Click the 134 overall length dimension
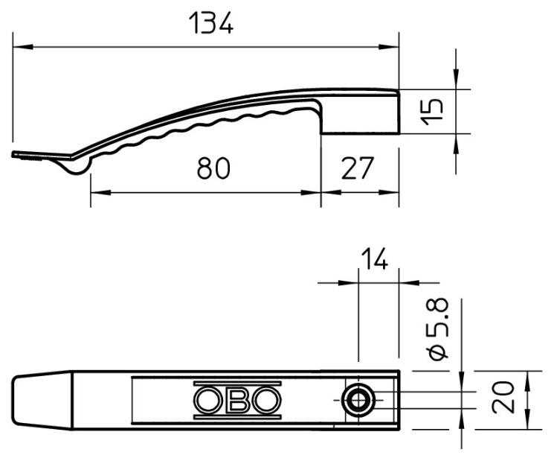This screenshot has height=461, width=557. [211, 23]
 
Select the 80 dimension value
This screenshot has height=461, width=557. [213, 168]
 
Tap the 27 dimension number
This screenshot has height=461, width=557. [358, 168]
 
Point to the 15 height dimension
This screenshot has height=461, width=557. [432, 112]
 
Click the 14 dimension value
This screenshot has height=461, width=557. [374, 258]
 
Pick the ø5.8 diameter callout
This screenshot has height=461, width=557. [437, 329]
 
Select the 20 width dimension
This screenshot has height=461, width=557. [503, 398]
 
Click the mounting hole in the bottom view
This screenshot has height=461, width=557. [358, 400]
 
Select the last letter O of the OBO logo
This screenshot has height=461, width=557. [266, 400]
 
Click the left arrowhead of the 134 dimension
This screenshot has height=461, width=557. [23, 47]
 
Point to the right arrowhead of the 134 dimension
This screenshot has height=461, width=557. [389, 47]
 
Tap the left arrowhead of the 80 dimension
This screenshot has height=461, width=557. [101, 192]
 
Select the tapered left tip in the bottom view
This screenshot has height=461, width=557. [42, 400]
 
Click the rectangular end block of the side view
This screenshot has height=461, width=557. [360, 113]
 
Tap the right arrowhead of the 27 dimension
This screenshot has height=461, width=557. [389, 192]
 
